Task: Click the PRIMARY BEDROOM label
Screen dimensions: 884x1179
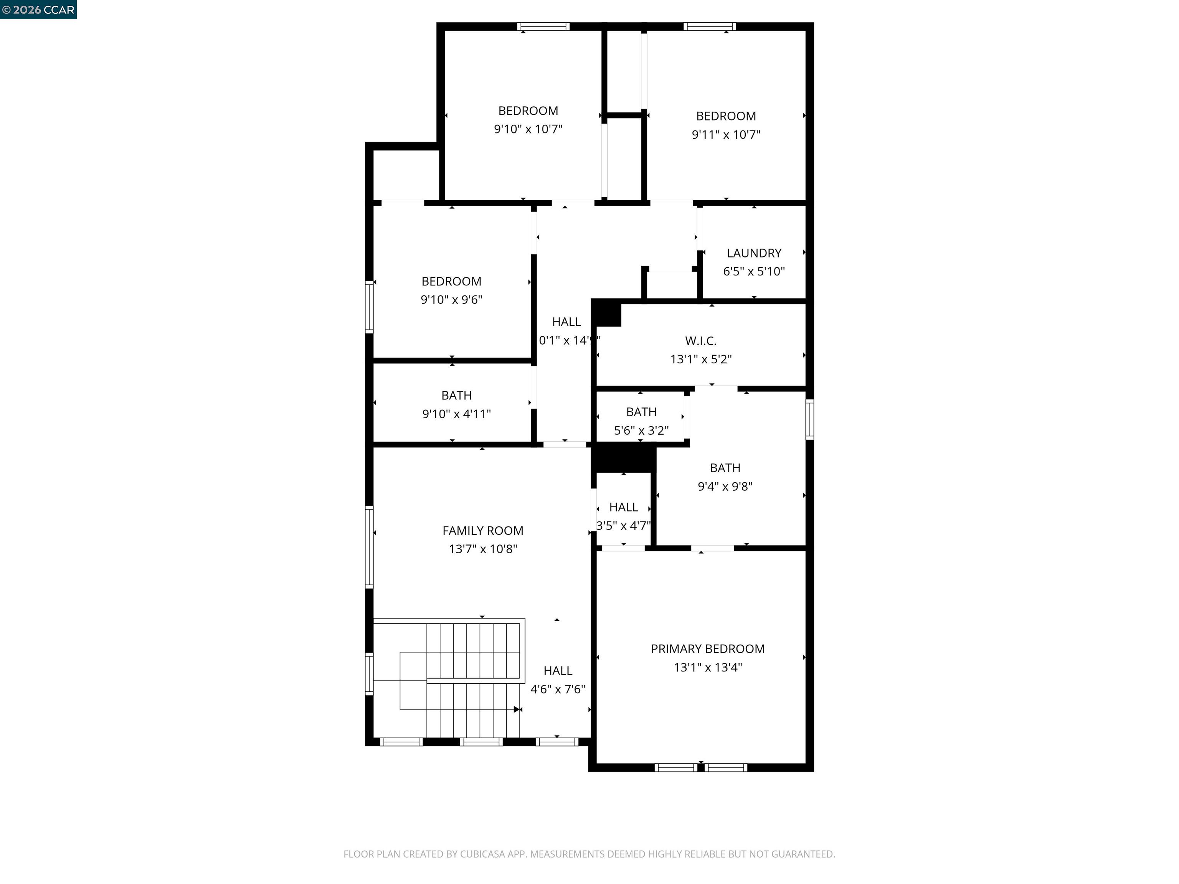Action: [707, 648]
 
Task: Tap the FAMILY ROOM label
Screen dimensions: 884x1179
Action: [482, 530]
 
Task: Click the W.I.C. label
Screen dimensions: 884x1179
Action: [700, 340]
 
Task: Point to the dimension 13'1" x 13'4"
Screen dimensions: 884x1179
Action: [707, 667]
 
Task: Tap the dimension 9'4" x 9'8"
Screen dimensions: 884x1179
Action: [725, 486]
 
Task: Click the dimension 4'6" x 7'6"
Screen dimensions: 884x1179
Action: [558, 689]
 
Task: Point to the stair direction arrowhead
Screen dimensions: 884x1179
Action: [517, 709]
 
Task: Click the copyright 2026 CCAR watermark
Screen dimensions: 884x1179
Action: [38, 10]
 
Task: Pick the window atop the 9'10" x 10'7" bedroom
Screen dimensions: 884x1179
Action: [543, 26]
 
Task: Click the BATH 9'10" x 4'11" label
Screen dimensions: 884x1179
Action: [456, 395]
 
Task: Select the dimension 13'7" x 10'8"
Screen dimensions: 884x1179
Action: [482, 549]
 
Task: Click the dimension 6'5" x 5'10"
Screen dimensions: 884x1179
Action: [754, 271]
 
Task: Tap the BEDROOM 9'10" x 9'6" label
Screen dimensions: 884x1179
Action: [451, 281]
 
